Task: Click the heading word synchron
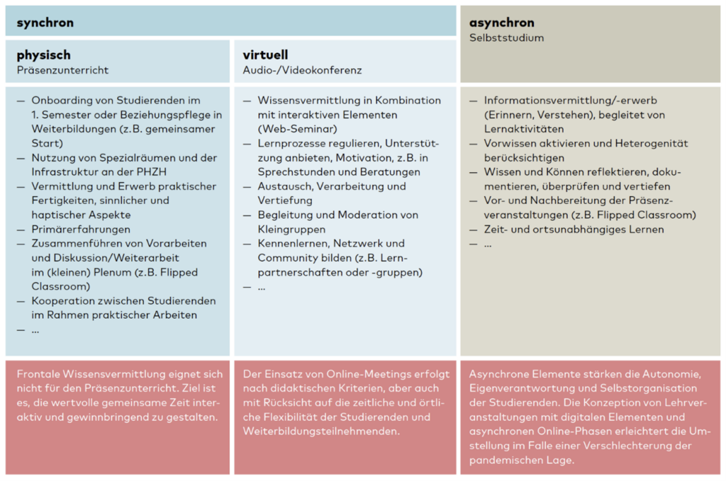point(45,23)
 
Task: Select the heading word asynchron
point(502,23)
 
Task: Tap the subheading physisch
point(44,55)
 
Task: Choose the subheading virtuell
point(265,55)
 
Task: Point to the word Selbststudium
point(506,38)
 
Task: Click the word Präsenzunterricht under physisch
point(62,70)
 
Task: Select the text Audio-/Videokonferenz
point(302,70)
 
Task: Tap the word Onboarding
point(62,101)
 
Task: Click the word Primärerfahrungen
point(81,230)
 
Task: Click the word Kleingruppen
point(291,230)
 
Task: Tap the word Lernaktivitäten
point(524,129)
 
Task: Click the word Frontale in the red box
point(38,373)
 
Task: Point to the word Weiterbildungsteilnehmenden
point(320,431)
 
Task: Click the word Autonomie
point(673,373)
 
